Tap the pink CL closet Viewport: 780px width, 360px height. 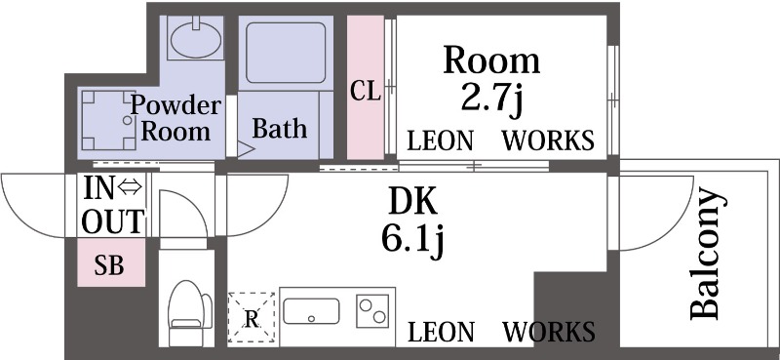click(366, 91)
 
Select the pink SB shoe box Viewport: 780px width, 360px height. click(109, 264)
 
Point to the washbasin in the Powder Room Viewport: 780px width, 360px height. click(196, 39)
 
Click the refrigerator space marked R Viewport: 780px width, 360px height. click(252, 318)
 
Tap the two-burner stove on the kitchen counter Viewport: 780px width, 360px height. click(372, 311)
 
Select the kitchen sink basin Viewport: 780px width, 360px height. click(311, 312)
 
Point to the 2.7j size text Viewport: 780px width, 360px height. click(492, 99)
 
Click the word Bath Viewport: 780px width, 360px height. click(280, 128)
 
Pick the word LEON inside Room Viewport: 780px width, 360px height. click(440, 140)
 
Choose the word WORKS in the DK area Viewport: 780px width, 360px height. click(548, 331)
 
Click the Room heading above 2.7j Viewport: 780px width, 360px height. click(491, 60)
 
